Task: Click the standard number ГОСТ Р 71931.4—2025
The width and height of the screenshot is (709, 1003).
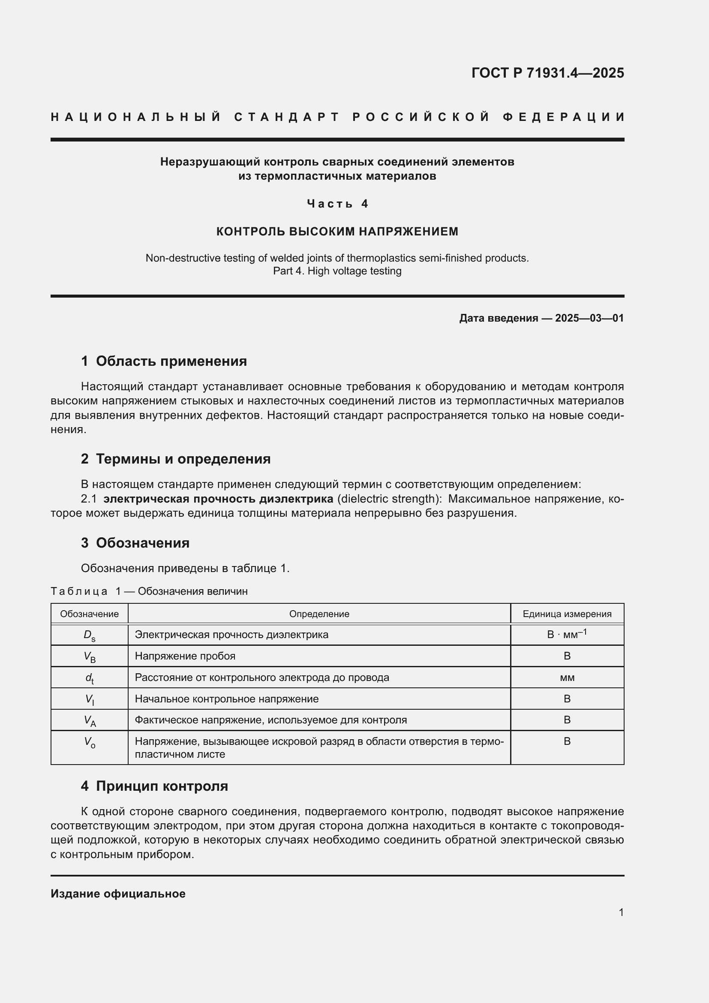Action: [x=547, y=73]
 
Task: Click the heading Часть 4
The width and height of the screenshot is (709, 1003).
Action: [x=337, y=204]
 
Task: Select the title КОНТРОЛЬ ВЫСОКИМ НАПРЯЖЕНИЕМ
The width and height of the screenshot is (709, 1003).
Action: [x=337, y=232]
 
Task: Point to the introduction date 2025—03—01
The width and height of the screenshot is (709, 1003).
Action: [x=589, y=318]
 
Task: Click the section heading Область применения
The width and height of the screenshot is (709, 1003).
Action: [x=171, y=361]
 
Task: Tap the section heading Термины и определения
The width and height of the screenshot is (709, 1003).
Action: [x=183, y=459]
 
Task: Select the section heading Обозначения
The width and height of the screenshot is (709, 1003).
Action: [x=142, y=543]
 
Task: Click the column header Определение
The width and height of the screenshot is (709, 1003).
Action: [x=319, y=614]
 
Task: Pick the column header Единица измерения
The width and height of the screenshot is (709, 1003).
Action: [x=567, y=614]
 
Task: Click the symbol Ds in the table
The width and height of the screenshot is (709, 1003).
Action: [x=90, y=635]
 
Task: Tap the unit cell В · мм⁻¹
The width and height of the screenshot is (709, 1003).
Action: [x=567, y=634]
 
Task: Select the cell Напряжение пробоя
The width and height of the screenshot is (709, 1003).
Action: [x=185, y=656]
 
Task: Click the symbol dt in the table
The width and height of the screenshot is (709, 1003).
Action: [x=90, y=678]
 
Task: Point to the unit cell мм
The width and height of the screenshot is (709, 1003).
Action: [x=567, y=678]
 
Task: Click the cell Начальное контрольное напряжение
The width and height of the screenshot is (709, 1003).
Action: [x=227, y=699]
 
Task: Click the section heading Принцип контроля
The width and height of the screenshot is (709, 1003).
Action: [x=162, y=786]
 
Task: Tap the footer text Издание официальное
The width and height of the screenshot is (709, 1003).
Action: [x=118, y=894]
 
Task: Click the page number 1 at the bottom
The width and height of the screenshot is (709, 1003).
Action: [x=621, y=913]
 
